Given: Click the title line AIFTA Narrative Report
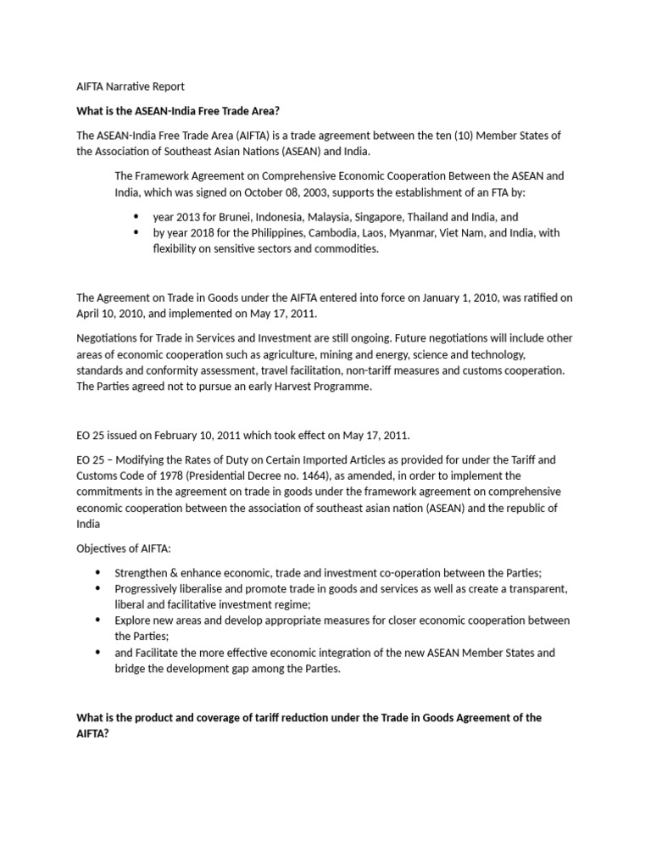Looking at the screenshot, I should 131,86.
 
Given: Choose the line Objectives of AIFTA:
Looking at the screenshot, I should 124,549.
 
